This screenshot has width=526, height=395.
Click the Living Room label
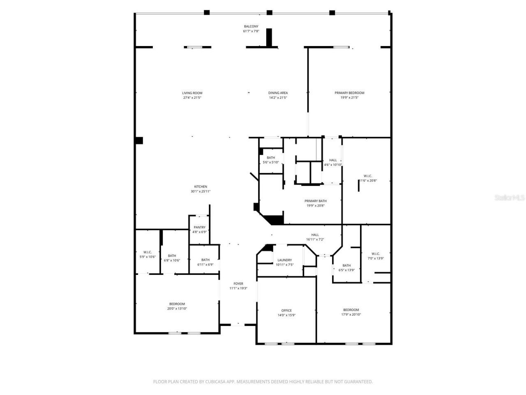click(x=192, y=93)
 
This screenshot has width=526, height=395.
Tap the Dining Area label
click(x=278, y=93)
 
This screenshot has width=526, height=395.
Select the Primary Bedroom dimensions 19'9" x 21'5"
click(x=349, y=98)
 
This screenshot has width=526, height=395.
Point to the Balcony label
click(x=251, y=26)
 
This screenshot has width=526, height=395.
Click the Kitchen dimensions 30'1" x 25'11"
click(x=201, y=191)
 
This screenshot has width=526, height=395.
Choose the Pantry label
click(x=200, y=227)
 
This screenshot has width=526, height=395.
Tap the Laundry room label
click(x=284, y=260)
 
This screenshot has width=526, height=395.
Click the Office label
click(x=286, y=311)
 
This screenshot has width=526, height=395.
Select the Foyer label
click(x=238, y=283)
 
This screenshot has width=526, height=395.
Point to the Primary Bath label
click(x=316, y=201)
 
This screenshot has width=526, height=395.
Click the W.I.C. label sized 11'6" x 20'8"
click(x=368, y=176)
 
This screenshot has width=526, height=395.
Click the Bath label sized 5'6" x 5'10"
click(x=271, y=158)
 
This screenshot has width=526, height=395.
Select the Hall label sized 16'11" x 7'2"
click(x=315, y=235)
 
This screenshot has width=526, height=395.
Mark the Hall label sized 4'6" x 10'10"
click(x=333, y=160)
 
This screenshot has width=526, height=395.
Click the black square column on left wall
click(x=139, y=141)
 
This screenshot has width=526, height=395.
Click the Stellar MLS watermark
click(x=510, y=197)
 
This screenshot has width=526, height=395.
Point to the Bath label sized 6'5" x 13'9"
click(x=346, y=265)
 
